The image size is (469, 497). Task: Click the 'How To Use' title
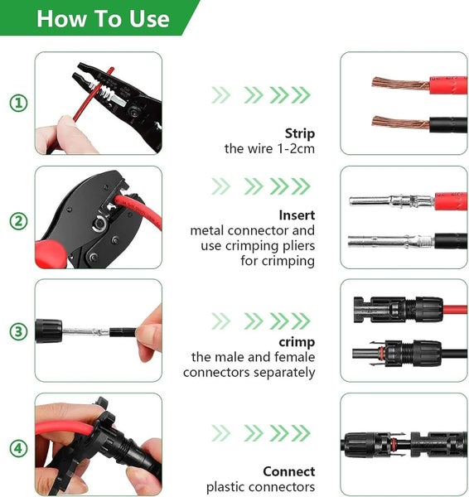click(x=103, y=19)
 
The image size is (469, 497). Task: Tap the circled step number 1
click(x=19, y=103)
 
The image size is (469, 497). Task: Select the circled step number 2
click(x=19, y=221)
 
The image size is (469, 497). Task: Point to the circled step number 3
click(x=19, y=331)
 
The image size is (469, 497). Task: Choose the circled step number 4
click(x=19, y=448)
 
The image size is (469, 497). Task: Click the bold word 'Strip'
click(x=300, y=133)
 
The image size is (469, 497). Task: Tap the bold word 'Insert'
click(x=297, y=215)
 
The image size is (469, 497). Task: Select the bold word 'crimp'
click(x=297, y=342)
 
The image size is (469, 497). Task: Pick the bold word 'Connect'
click(x=289, y=471)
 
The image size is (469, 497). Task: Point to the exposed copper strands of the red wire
click(x=400, y=84)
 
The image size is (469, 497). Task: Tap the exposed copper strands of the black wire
click(x=400, y=123)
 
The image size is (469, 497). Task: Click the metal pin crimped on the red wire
click(x=392, y=201)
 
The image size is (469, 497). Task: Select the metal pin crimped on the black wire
click(x=391, y=242)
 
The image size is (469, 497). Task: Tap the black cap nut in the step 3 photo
click(x=49, y=331)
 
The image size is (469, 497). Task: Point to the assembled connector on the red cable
click(x=399, y=310)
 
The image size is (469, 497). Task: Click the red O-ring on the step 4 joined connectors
click(x=394, y=444)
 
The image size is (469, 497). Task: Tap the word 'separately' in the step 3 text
click(x=284, y=373)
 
